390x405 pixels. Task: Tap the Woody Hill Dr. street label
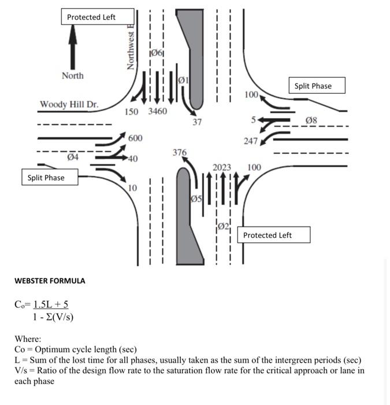tap(69, 104)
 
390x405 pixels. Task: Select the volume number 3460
tap(158, 111)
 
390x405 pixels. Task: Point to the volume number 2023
tap(222, 167)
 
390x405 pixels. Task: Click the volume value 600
tap(135, 138)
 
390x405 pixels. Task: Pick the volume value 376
tap(180, 153)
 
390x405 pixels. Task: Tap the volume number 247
tap(250, 141)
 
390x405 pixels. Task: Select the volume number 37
tap(198, 122)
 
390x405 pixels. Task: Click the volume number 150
tap(133, 111)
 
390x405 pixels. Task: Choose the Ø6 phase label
tap(156, 54)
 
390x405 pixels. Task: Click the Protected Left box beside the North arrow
tap(98, 17)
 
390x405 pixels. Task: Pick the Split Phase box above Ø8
tap(313, 86)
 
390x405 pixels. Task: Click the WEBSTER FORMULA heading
tap(50, 281)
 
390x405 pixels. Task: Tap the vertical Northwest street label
tap(131, 50)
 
